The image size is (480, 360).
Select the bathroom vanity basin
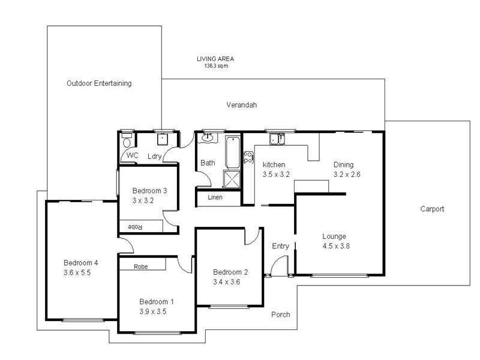207,138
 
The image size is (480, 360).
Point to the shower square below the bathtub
231,179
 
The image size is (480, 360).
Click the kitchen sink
277,140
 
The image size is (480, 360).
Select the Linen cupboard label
215,197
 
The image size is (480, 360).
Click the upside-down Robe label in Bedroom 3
133,226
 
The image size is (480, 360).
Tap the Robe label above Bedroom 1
141,266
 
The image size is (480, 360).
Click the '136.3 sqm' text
216,66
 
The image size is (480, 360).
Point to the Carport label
432,209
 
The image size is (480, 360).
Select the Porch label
280,314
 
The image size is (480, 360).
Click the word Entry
280,246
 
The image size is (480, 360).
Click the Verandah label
241,105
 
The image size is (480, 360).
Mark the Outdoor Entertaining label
99,83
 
